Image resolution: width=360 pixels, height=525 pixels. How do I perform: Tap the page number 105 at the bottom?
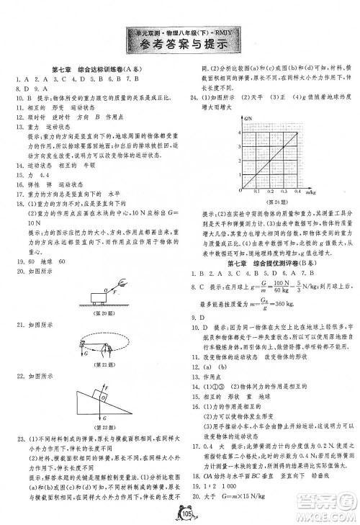(181, 513)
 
